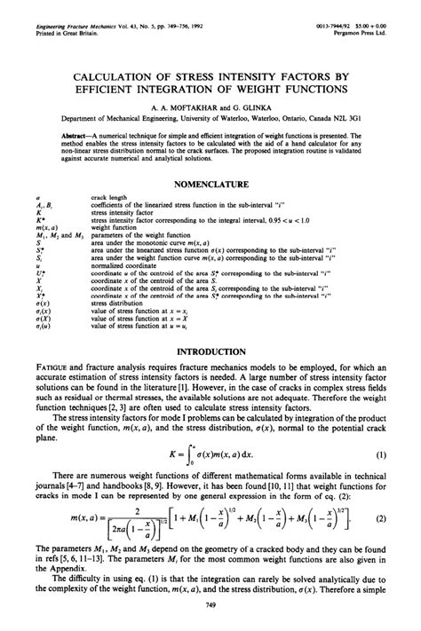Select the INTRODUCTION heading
click(210, 351)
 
